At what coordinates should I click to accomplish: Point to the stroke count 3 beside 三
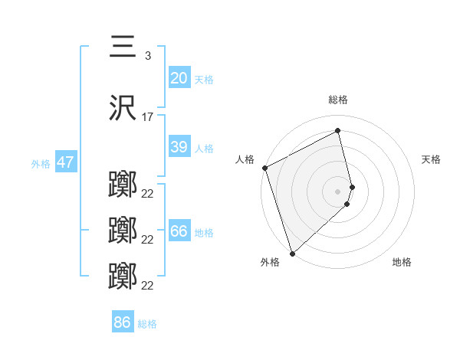pos(147,55)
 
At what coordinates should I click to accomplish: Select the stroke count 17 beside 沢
pos(148,117)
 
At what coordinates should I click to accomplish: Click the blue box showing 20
pos(179,78)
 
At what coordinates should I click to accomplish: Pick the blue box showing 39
pos(179,147)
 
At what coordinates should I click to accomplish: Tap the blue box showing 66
pos(179,231)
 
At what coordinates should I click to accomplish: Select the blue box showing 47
pos(65,162)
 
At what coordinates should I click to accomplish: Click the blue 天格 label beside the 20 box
pos(204,80)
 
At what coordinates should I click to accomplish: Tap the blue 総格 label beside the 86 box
pos(147,324)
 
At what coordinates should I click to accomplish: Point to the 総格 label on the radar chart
pos(337,100)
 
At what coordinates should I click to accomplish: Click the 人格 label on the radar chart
pos(245,159)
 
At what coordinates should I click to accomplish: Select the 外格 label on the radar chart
pos(270,262)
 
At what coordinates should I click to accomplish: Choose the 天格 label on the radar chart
pos(431,159)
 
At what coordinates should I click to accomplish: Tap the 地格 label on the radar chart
pos(402,262)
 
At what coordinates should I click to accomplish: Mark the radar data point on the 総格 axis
pos(337,131)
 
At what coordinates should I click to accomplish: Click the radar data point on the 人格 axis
pos(264,168)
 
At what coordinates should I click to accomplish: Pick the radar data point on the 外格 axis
pos(292,253)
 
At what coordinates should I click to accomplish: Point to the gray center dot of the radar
pos(337,191)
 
